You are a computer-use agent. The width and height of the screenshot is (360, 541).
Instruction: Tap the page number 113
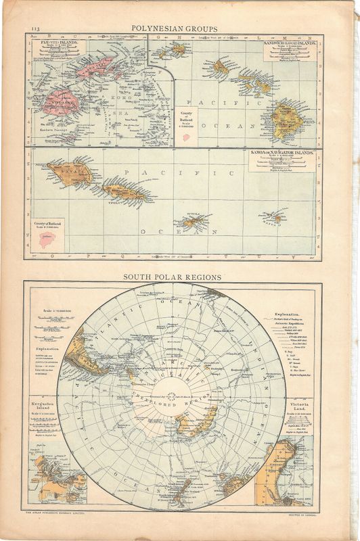[x=35, y=29]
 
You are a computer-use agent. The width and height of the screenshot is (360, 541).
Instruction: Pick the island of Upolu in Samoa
[x=124, y=191]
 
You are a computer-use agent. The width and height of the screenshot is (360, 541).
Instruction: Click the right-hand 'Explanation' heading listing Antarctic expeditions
[x=292, y=315]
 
